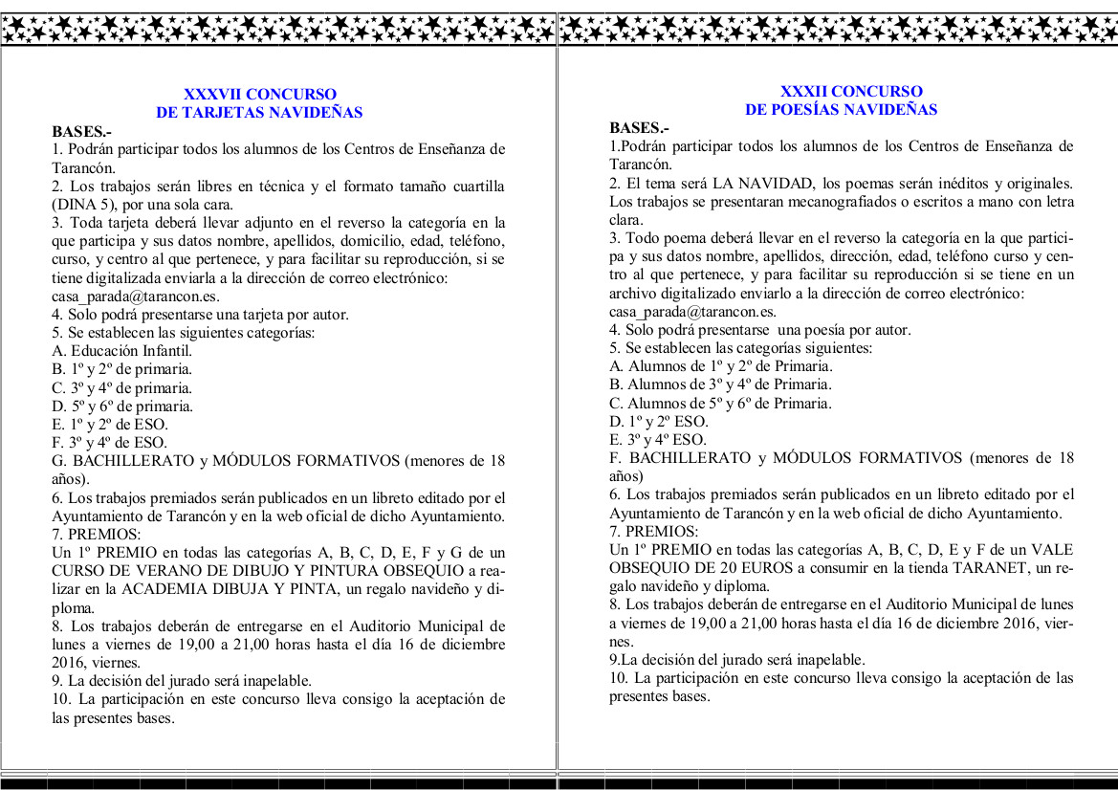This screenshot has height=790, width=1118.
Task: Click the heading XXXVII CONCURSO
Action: click(x=259, y=94)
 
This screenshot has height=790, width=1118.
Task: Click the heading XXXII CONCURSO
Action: click(x=838, y=92)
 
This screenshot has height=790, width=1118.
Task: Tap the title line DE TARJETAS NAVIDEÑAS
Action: click(x=259, y=112)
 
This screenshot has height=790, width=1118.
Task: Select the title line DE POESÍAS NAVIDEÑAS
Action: click(x=841, y=110)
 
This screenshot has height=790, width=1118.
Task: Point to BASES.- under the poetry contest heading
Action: click(x=640, y=128)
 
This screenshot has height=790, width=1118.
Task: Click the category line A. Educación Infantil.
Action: click(x=122, y=350)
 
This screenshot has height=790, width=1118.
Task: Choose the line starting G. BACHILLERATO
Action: click(x=277, y=460)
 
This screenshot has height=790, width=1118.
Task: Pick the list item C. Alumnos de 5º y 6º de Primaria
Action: click(x=720, y=403)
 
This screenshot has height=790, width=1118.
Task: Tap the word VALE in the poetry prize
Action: click(x=1053, y=550)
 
